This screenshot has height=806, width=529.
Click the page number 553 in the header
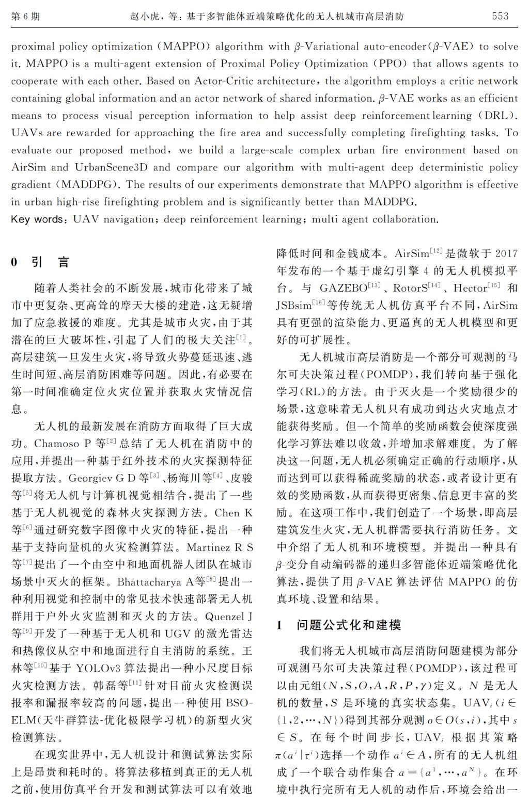(500, 17)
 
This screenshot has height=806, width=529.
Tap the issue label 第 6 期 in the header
(25, 17)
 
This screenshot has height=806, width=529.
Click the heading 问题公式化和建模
(349, 625)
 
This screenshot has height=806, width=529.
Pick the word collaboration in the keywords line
(399, 219)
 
